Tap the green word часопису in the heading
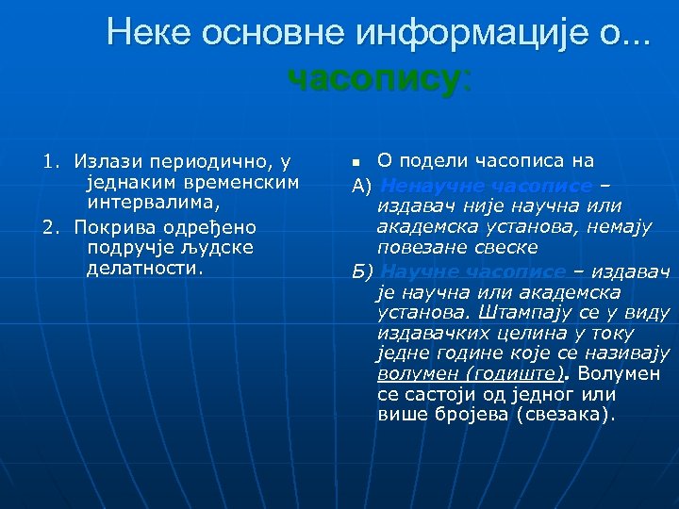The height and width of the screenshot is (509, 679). [x=372, y=79]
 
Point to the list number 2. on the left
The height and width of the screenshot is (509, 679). [x=52, y=227]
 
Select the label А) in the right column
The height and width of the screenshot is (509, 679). [x=362, y=185]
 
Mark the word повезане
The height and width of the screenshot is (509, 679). [x=416, y=247]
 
